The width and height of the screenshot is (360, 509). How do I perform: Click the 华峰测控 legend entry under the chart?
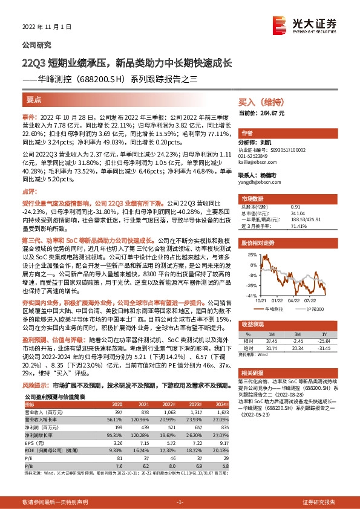[x=273, y=308]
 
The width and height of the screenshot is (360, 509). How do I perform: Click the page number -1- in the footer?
[x=179, y=502]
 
